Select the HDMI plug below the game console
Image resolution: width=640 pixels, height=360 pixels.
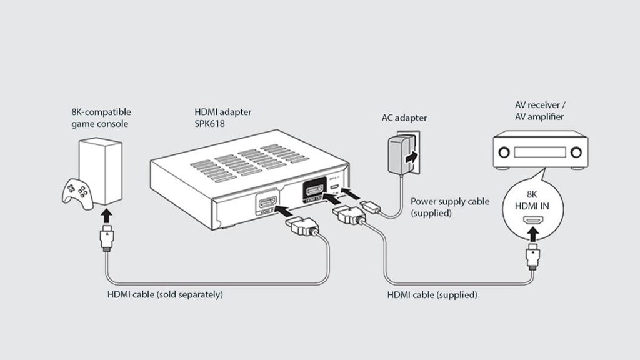point(107,240)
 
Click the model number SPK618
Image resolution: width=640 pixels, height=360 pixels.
point(210,124)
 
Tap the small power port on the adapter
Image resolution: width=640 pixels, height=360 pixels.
point(335,187)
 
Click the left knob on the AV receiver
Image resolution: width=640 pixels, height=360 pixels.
point(503,151)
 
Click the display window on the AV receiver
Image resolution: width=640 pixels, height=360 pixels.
point(539,152)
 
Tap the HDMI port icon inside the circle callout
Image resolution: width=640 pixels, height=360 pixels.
point(532,221)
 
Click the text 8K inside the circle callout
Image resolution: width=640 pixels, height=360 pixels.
point(532,193)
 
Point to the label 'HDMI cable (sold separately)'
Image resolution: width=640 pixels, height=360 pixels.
point(165,294)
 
